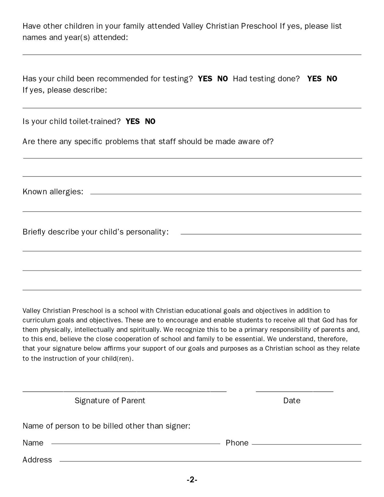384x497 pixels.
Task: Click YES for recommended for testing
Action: click(x=205, y=79)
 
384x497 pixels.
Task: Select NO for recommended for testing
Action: click(x=222, y=79)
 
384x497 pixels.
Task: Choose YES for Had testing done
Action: click(x=314, y=79)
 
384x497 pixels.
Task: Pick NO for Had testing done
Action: click(x=332, y=79)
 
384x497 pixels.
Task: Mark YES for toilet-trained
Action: click(x=133, y=121)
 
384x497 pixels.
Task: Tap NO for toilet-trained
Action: click(x=150, y=121)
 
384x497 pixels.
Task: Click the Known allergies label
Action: click(x=53, y=192)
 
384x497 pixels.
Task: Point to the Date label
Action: click(x=292, y=401)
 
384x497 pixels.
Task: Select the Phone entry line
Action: click(x=306, y=444)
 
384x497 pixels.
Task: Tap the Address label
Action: click(x=37, y=460)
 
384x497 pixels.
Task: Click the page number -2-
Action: click(x=192, y=480)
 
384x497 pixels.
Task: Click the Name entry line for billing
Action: click(x=135, y=443)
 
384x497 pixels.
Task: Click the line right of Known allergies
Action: click(x=226, y=194)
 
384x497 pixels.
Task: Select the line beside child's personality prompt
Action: click(x=271, y=234)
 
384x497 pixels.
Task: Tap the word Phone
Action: click(x=237, y=443)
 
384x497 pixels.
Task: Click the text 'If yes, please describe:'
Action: click(x=65, y=90)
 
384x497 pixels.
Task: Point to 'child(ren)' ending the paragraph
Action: click(x=117, y=358)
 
